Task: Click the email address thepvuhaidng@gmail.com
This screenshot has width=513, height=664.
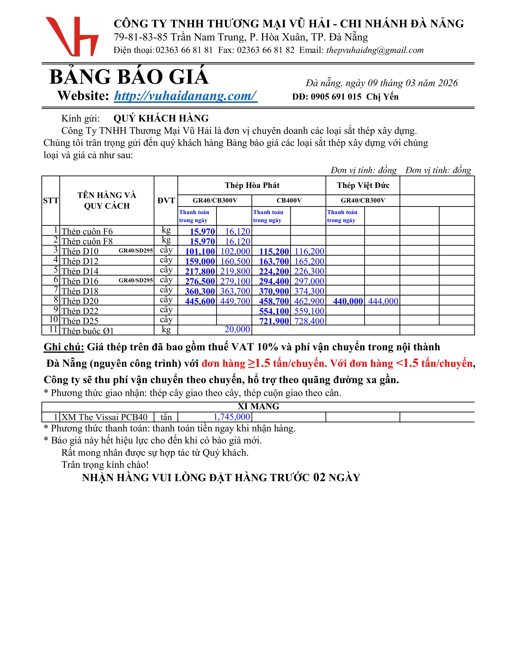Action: [x=375, y=50]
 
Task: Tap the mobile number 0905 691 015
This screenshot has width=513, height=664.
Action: [x=336, y=97]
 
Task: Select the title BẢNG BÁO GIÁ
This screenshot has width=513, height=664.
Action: [x=129, y=77]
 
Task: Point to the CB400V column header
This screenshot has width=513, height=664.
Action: [x=289, y=200]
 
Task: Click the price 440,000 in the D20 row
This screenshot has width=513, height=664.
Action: [x=348, y=301]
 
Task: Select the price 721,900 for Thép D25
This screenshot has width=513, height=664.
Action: [x=274, y=321]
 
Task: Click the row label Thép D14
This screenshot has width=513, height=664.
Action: [x=80, y=271]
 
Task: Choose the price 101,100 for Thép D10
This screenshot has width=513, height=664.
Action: [x=200, y=252]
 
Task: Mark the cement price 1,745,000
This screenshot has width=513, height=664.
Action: [x=232, y=417]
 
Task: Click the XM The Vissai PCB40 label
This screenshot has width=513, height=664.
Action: [x=104, y=417]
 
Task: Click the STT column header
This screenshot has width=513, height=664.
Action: [x=51, y=200]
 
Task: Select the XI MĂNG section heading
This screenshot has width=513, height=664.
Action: [x=258, y=406]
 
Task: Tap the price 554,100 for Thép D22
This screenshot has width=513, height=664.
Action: [x=274, y=311]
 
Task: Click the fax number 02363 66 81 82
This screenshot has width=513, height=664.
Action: [x=266, y=50]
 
